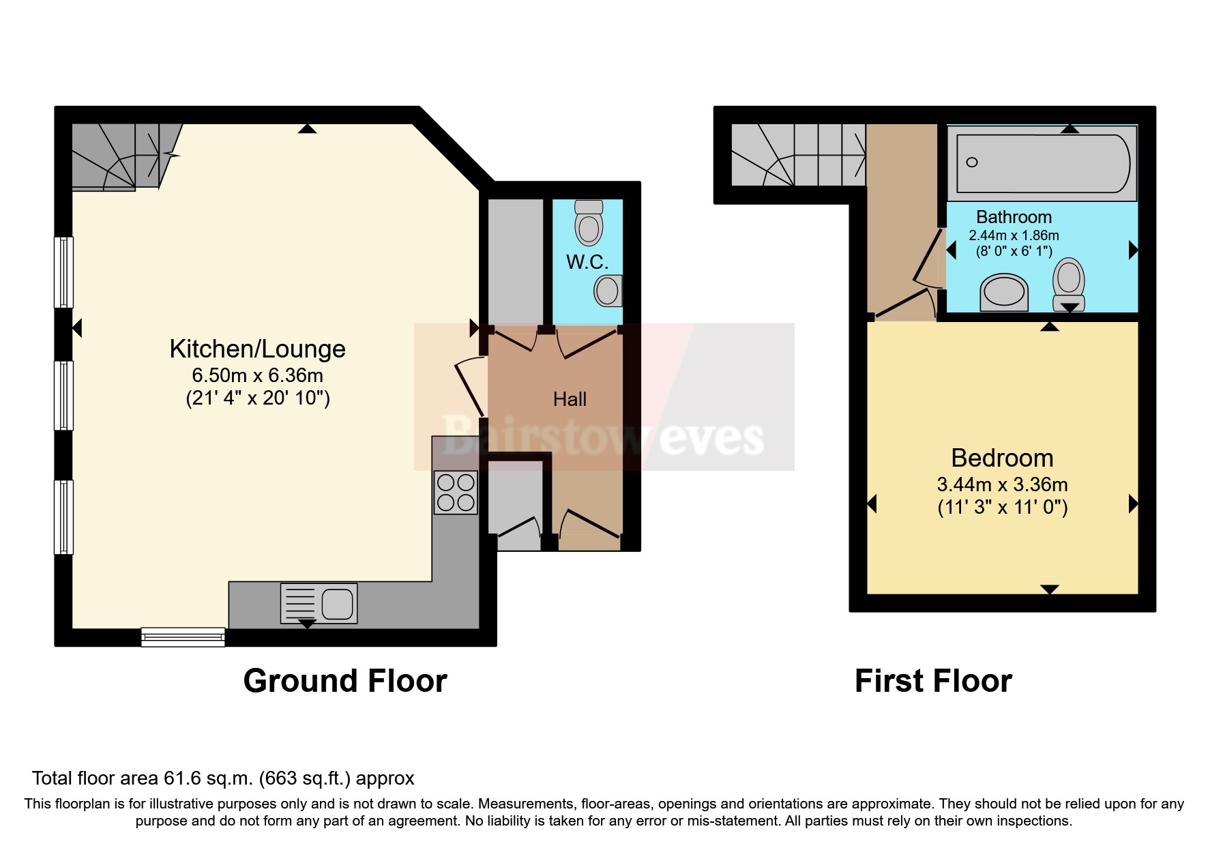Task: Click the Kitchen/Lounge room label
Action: (257, 349)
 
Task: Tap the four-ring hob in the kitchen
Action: (456, 493)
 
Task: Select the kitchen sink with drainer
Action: (319, 604)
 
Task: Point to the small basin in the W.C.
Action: (606, 291)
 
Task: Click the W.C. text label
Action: (587, 262)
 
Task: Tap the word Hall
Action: (570, 399)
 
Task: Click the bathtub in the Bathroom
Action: (1042, 163)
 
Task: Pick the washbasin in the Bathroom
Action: (1003, 293)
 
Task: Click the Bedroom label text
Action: (1002, 458)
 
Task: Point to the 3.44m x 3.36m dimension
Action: (1002, 485)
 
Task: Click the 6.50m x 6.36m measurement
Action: (257, 376)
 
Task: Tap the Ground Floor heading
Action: (344, 681)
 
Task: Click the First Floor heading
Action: (932, 681)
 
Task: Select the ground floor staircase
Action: (123, 156)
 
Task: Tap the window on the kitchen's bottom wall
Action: (183, 637)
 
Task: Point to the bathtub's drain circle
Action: (972, 162)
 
